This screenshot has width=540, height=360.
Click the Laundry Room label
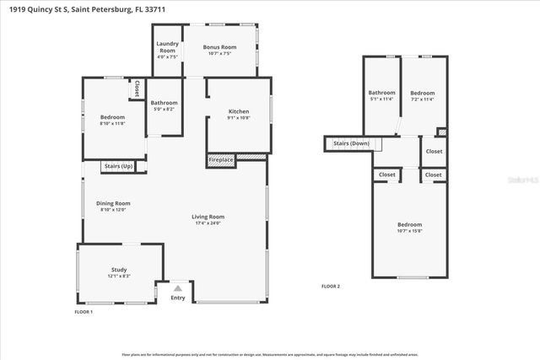click(167, 46)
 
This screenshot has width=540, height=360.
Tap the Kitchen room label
click(239, 111)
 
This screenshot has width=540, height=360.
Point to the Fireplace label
click(221, 159)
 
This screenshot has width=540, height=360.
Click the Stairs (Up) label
click(118, 167)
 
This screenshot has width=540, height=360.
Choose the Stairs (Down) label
click(351, 143)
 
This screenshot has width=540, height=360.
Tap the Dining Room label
click(114, 203)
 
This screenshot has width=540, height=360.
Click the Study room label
click(119, 270)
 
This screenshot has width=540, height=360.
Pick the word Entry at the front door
click(178, 298)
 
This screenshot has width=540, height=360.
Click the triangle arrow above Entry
click(178, 287)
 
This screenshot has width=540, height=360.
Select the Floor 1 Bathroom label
click(165, 103)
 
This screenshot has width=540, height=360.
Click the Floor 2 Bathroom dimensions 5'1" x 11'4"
click(381, 99)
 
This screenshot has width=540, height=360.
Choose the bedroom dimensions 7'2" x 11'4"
click(422, 99)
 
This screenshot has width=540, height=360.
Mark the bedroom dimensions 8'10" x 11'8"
click(112, 123)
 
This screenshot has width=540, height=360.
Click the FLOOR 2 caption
click(330, 287)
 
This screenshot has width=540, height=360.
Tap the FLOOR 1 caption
click(84, 312)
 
